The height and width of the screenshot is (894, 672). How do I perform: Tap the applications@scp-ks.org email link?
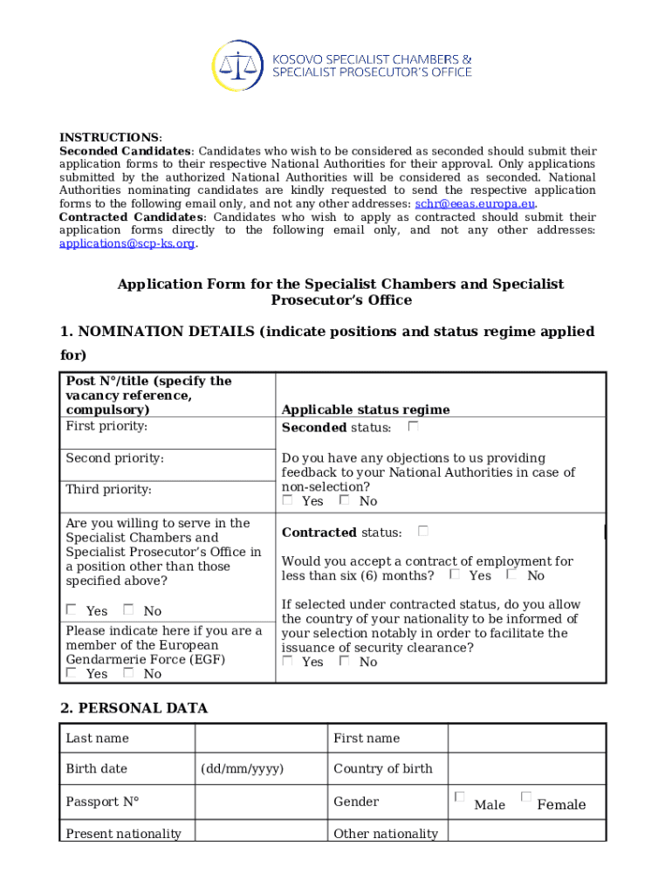[127, 244]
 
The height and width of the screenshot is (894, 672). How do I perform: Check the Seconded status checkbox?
[413, 427]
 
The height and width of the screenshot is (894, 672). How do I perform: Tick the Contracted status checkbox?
[422, 531]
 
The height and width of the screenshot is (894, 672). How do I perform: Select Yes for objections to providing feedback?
[288, 500]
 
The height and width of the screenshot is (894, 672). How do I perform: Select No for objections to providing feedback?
[345, 500]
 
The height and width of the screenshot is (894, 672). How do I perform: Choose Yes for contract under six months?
[455, 574]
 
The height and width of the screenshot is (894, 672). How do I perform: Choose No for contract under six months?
[512, 574]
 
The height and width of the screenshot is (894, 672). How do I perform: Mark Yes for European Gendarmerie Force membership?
[72, 673]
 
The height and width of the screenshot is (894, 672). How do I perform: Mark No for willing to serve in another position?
[128, 610]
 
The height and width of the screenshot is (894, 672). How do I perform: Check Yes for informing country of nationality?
[288, 661]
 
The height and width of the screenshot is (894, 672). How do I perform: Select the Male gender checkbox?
[460, 797]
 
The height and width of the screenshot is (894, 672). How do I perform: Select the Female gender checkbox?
[525, 797]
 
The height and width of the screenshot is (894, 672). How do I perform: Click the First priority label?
[106, 426]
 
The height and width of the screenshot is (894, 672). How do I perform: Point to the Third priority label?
[108, 490]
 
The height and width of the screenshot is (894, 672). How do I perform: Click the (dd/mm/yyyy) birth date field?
[242, 768]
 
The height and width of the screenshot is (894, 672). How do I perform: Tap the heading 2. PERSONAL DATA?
[134, 708]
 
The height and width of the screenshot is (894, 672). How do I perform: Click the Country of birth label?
[382, 768]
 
